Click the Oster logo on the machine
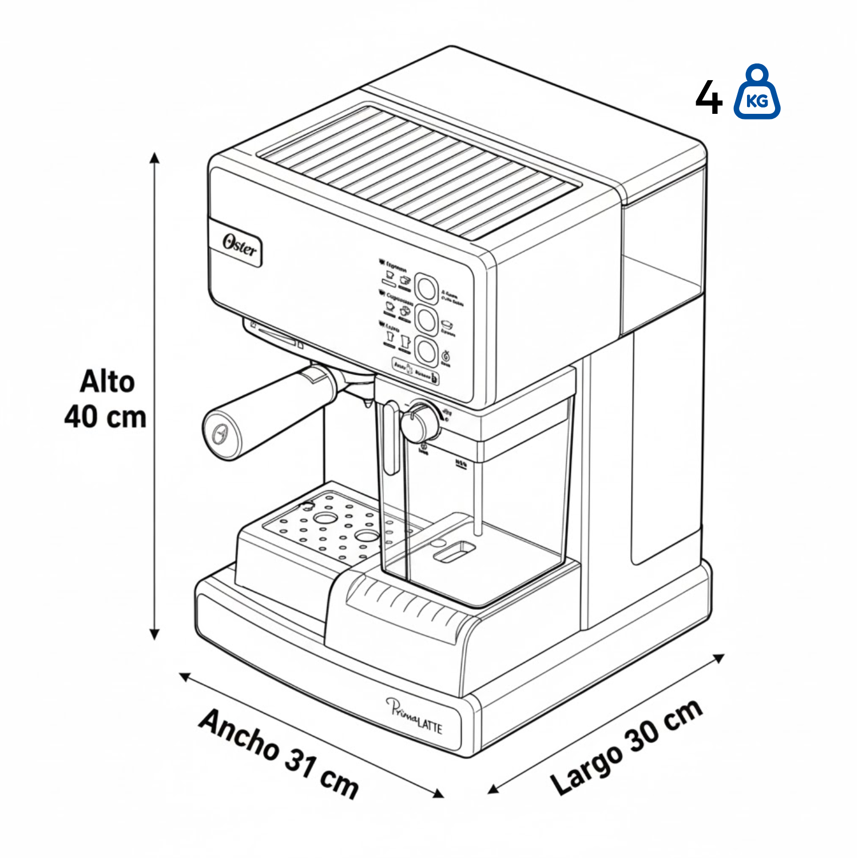click(x=240, y=246)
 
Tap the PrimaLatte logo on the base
click(x=415, y=716)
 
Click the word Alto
click(x=108, y=382)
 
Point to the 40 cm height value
click(x=105, y=417)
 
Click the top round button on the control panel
click(x=426, y=288)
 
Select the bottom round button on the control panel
click(x=426, y=350)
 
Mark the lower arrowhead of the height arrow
click(x=154, y=634)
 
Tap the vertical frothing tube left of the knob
click(x=391, y=438)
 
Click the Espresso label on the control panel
click(x=395, y=266)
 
